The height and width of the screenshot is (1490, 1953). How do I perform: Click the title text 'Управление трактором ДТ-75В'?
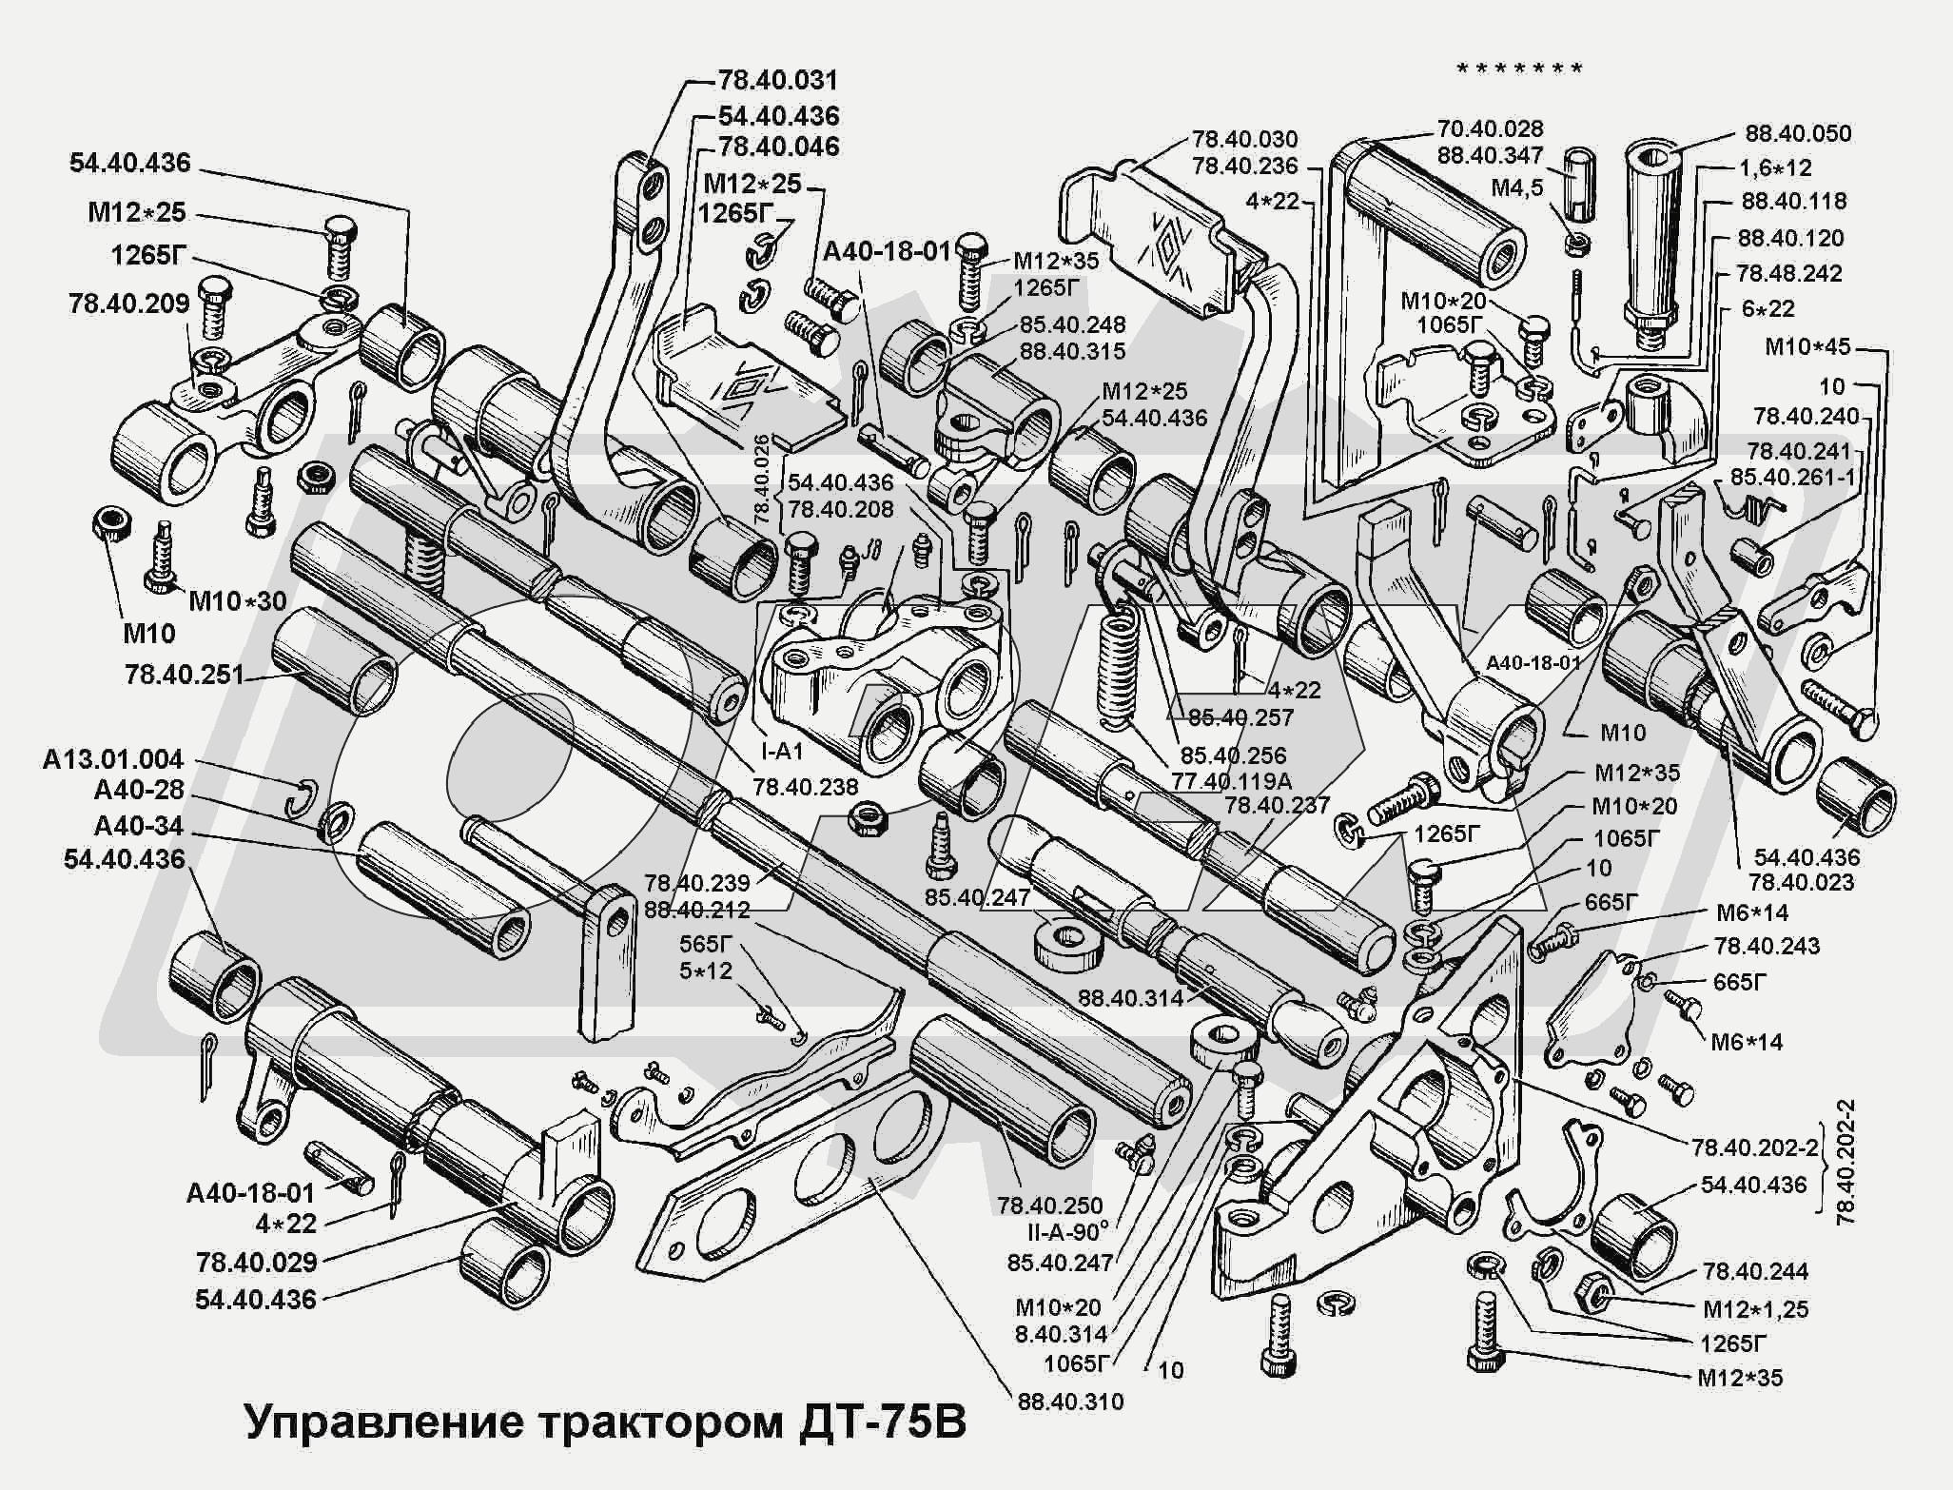click(605, 1422)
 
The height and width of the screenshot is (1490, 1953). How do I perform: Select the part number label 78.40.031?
click(777, 80)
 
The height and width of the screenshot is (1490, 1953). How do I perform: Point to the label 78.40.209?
click(128, 304)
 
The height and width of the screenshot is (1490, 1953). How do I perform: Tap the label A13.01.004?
click(112, 759)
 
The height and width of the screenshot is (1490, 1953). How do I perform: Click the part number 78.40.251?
click(184, 675)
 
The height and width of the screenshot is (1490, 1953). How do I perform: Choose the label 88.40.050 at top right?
click(1797, 133)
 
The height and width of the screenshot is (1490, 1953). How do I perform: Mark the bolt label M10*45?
click(1807, 347)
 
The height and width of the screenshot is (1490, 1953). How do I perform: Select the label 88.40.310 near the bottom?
click(1070, 1402)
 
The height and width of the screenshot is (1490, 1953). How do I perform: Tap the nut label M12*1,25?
click(1755, 1309)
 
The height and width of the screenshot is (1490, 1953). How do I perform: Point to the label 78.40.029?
click(256, 1263)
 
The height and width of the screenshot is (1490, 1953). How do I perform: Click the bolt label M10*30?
click(237, 600)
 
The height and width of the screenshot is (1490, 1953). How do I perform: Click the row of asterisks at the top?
click(1519, 69)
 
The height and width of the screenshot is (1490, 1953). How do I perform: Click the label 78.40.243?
click(1767, 946)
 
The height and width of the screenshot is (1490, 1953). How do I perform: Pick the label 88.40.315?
click(1072, 351)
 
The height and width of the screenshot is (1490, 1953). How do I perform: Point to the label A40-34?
click(139, 826)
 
